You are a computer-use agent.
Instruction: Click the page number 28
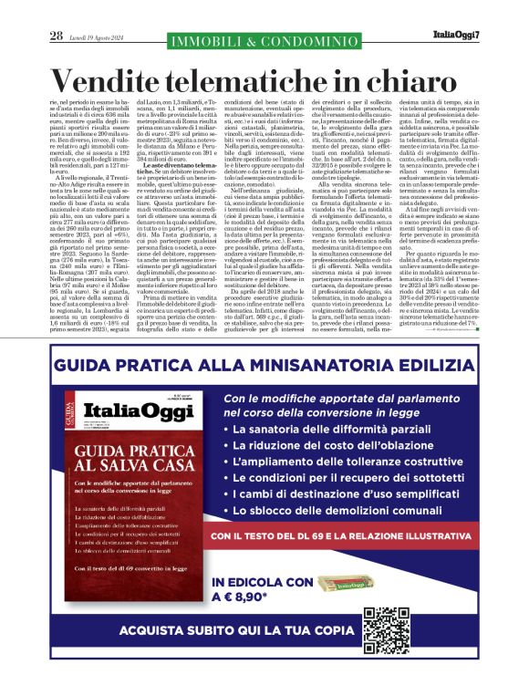tap(56, 36)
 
